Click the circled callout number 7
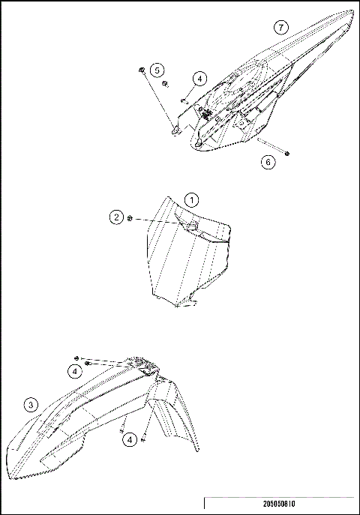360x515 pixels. (280, 27)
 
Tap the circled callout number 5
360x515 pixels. (157, 70)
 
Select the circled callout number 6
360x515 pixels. (268, 162)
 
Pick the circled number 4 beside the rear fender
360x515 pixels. (199, 78)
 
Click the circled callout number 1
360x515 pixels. (192, 200)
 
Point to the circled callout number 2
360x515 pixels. (116, 217)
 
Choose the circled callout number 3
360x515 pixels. (30, 405)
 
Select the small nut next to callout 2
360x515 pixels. (130, 218)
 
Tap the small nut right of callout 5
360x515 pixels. (166, 84)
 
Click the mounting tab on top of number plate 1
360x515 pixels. (190, 224)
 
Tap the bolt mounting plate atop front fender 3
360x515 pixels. (143, 367)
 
